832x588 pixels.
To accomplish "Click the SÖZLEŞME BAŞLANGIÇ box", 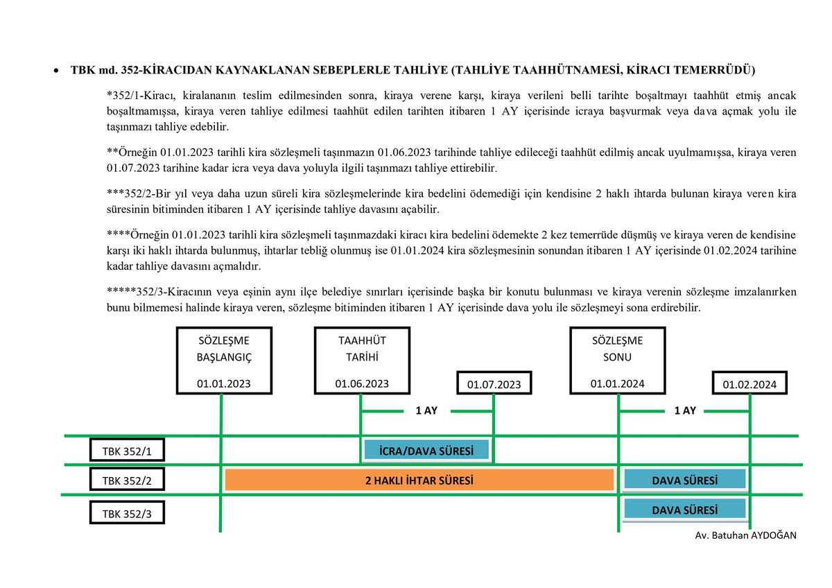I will pyautogui.click(x=223, y=361).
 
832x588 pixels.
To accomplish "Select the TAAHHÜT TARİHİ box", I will pyautogui.click(x=362, y=361).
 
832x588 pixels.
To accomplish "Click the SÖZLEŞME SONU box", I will pyautogui.click(x=617, y=361).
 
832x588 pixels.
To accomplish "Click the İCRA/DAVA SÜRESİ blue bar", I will pyautogui.click(x=426, y=451).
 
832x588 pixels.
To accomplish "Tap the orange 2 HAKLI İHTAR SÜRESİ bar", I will pyautogui.click(x=420, y=480).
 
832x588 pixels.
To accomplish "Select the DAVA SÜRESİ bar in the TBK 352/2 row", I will pyautogui.click(x=684, y=480).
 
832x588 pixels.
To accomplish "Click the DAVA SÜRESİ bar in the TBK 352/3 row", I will pyautogui.click(x=684, y=510).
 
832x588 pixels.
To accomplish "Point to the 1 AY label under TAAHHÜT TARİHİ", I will pyautogui.click(x=426, y=410).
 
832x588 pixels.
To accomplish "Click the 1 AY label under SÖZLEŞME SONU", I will pyautogui.click(x=684, y=410).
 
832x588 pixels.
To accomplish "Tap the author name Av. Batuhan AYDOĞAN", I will pyautogui.click(x=745, y=536).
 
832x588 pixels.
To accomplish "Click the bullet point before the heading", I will pyautogui.click(x=55, y=71).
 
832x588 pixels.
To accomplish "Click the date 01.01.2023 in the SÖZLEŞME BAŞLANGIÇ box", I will pyautogui.click(x=223, y=383).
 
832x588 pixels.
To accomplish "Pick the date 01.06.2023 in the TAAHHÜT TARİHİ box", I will pyautogui.click(x=362, y=383).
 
